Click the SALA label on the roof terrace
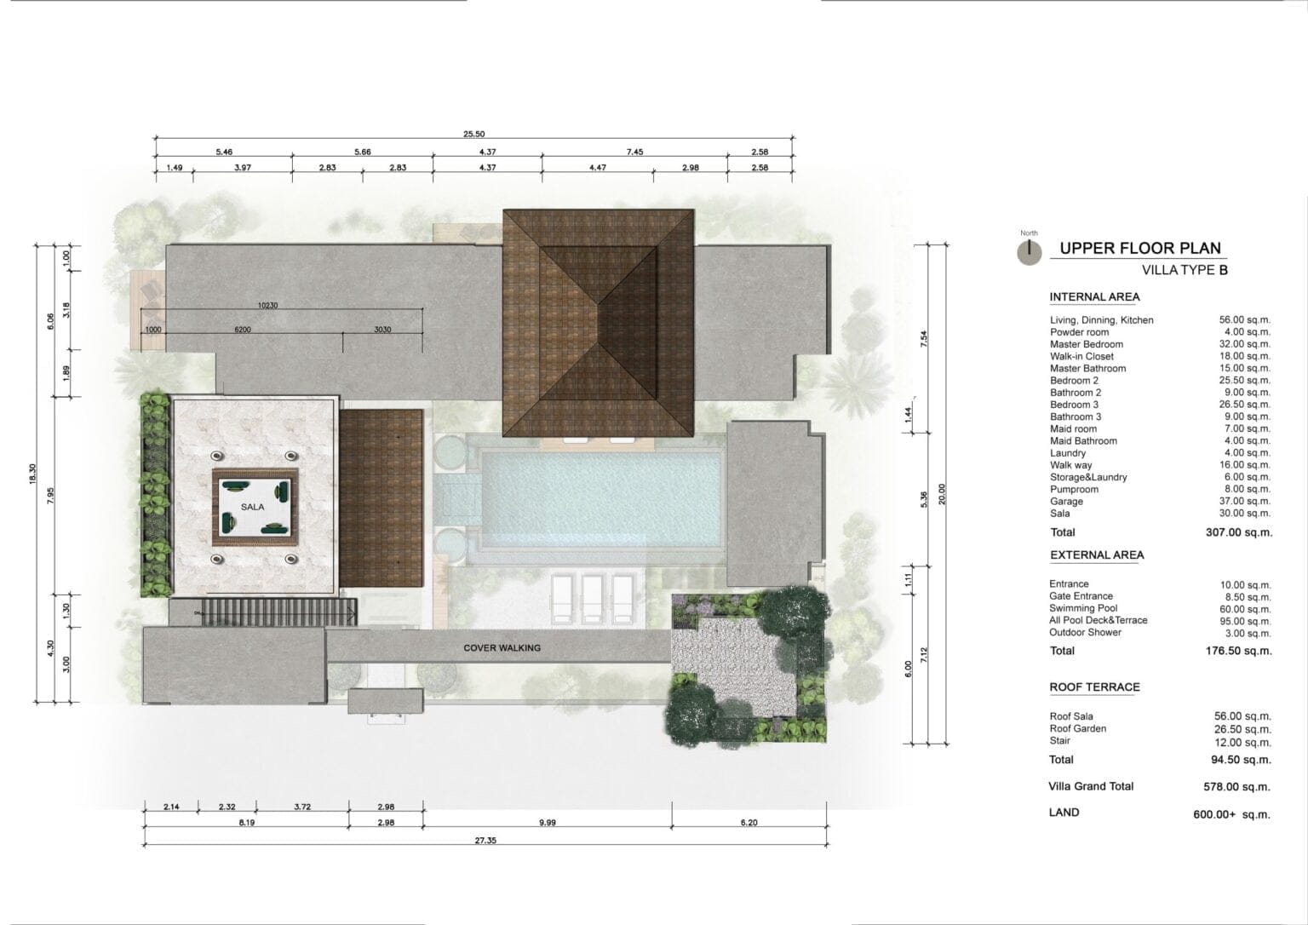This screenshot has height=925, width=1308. coord(252,507)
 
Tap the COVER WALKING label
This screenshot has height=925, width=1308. coord(502,647)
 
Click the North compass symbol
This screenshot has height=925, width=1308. coord(1029,251)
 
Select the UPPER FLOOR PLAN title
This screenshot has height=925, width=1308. coord(1140,248)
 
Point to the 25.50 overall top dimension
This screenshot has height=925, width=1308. coord(473,134)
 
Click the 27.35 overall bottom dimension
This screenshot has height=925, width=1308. coord(485,841)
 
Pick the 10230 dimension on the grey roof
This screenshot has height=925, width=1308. coord(267,306)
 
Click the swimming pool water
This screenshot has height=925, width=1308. coord(600,500)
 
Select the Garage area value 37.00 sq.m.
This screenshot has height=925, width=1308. coord(1244,501)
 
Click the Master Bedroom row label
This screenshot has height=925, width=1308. coord(1086,345)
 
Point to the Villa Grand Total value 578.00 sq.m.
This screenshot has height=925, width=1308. coord(1236,787)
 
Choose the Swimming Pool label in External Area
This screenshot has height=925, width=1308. coord(1083,608)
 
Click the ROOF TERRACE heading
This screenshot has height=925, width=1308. coord(1094,687)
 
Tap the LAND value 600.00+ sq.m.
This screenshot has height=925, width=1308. coord(1231,814)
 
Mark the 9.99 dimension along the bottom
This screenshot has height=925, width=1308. coord(548,822)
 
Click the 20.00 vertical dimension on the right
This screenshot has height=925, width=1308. coord(941,494)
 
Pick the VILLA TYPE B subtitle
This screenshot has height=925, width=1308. coord(1185,270)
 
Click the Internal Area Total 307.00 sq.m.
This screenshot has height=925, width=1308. coord(1238,532)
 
